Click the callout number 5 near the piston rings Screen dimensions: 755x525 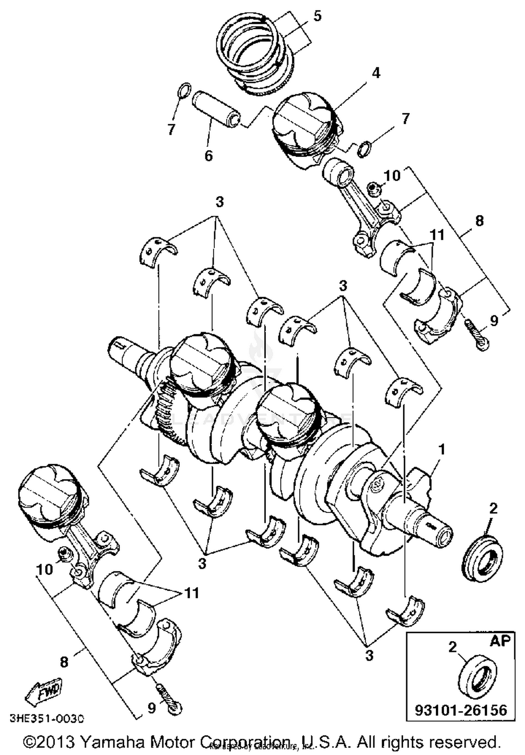[317, 16]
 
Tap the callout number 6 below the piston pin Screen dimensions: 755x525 [208, 155]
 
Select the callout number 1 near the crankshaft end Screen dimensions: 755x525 [442, 449]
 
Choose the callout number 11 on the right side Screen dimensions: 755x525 [437, 235]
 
